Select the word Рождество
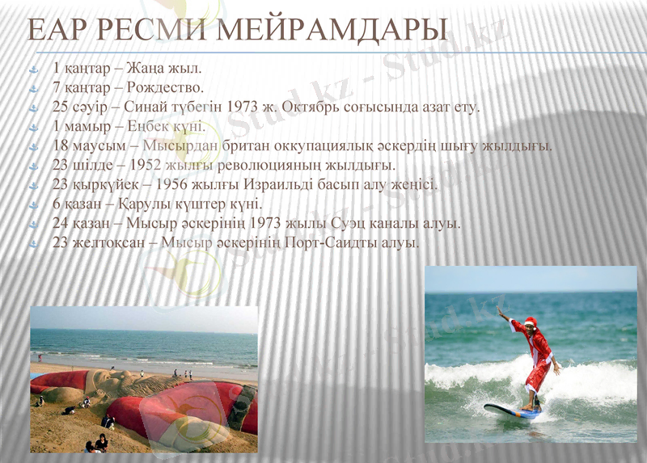pyautogui.click(x=166, y=87)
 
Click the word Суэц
pyautogui.click(x=352, y=223)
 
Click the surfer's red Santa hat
pyautogui.click(x=531, y=322)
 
